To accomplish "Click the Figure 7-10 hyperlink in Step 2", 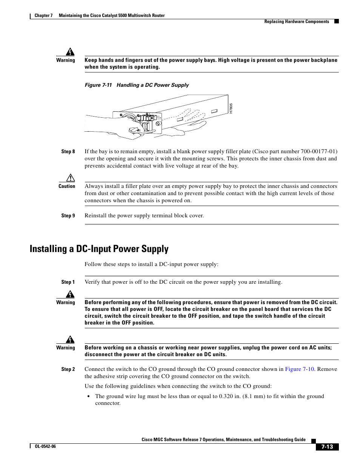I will pyautogui.click(x=299, y=369).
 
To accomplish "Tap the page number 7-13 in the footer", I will pyautogui.click(x=327, y=447).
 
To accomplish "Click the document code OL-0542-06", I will pyautogui.click(x=45, y=446).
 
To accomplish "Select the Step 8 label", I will pyautogui.click(x=68, y=151).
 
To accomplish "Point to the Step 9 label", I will pyautogui.click(x=68, y=215).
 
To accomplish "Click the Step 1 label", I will pyautogui.click(x=68, y=282).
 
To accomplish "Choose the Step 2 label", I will pyautogui.click(x=68, y=369).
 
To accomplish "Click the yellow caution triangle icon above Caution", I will pyautogui.click(x=71, y=178).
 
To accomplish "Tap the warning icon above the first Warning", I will pyautogui.click(x=70, y=52).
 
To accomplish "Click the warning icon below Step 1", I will pyautogui.click(x=70, y=294).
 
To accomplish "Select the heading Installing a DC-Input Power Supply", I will pyautogui.click(x=99, y=249).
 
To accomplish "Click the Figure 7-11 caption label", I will pyautogui.click(x=98, y=85).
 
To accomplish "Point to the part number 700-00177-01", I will pyautogui.click(x=319, y=151).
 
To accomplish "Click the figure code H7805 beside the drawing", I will pyautogui.click(x=231, y=108).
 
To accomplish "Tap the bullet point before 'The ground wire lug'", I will pyautogui.click(x=88, y=396).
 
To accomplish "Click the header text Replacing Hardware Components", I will pyautogui.click(x=297, y=22).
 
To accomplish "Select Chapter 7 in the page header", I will pyautogui.click(x=43, y=15).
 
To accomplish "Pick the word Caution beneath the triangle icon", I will pyautogui.click(x=67, y=186).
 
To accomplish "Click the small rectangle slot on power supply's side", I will pyautogui.click(x=214, y=111).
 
